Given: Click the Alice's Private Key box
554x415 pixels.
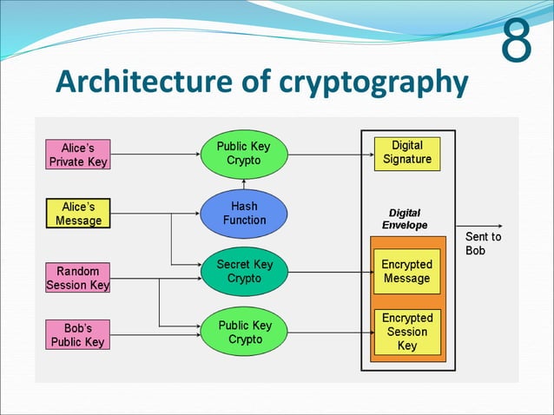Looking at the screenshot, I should tap(78, 155).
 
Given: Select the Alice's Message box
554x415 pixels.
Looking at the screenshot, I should tap(78, 214).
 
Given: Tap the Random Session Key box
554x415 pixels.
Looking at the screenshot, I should tap(78, 278).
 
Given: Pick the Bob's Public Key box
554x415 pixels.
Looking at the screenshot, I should tap(78, 335).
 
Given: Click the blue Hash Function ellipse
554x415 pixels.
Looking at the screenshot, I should tap(244, 214).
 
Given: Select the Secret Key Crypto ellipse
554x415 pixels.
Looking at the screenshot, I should tap(244, 272).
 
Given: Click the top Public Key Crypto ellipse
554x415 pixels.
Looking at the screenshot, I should tap(244, 153).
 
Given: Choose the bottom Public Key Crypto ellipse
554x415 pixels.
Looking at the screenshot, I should tap(244, 333).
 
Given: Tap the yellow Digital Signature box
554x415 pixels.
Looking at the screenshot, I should tap(407, 153).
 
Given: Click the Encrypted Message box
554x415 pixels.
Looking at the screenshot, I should tap(407, 272).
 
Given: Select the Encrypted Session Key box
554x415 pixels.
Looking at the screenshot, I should tap(407, 332).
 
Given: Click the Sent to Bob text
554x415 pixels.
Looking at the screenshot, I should tap(483, 243).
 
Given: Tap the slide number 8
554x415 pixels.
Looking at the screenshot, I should tap(518, 43).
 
